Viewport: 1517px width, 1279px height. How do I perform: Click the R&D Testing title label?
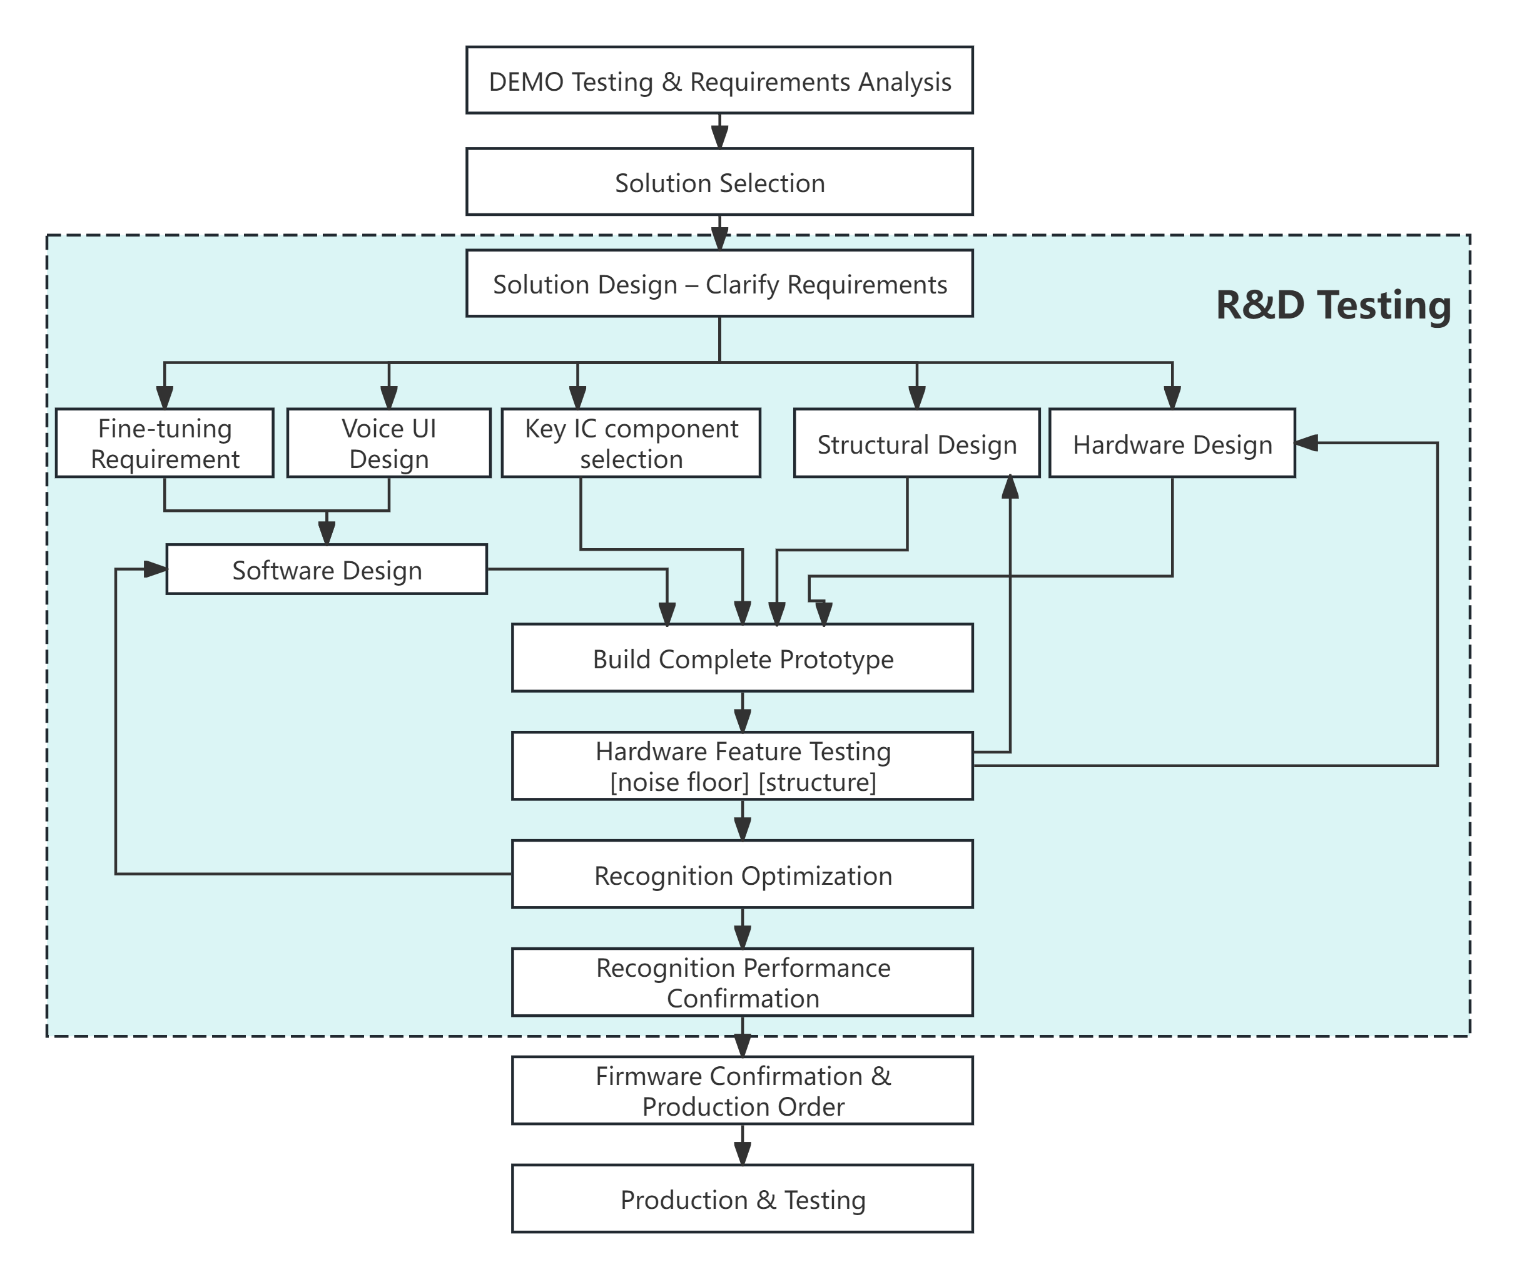tap(1333, 305)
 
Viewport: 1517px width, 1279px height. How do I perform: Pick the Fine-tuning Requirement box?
tap(165, 443)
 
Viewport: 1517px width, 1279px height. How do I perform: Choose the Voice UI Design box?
tap(388, 443)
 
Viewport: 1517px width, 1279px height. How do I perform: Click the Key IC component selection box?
tap(631, 443)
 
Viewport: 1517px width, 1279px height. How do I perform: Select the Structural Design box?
tap(916, 443)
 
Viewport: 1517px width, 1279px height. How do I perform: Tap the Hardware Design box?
tap(1172, 443)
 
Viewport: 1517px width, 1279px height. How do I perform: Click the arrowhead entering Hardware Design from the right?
tap(1306, 443)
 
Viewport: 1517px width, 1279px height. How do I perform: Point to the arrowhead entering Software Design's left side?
tap(155, 569)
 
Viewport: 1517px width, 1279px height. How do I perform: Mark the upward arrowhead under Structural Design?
tap(1010, 487)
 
